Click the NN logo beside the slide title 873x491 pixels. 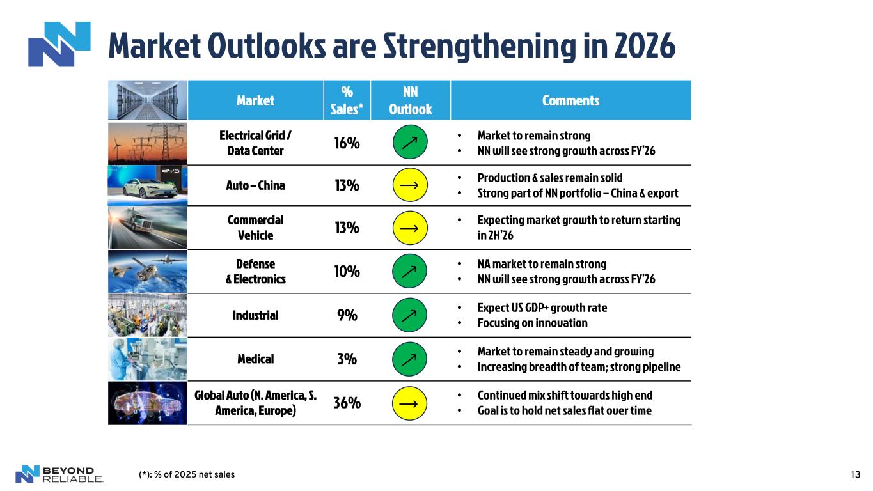tap(59, 44)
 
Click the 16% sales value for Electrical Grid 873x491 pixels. tap(347, 143)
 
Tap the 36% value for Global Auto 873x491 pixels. tap(347, 403)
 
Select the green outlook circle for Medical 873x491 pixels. tap(409, 359)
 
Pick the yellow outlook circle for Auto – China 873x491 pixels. tap(409, 185)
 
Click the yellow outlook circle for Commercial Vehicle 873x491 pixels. tap(409, 228)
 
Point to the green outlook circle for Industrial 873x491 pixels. tap(409, 315)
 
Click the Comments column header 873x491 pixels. tap(570, 100)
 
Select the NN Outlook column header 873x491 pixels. tap(410, 100)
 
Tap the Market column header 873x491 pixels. tap(255, 100)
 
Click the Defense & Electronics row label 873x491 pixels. tap(255, 272)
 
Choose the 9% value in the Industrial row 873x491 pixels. tap(347, 315)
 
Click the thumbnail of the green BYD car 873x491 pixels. tap(148, 185)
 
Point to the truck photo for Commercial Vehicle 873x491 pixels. tap(148, 228)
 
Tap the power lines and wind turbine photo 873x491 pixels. tap(148, 143)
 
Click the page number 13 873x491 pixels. tap(855, 474)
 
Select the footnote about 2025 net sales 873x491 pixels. tap(187, 474)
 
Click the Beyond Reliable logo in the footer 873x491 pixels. tap(59, 474)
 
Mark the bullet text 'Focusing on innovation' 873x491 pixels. tap(532, 323)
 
